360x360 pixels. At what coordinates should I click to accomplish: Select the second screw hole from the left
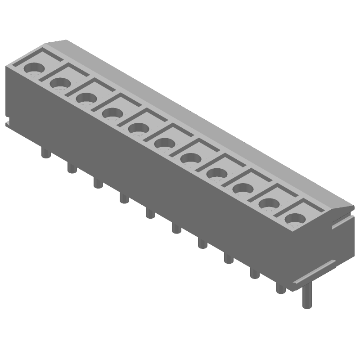[x=60, y=83]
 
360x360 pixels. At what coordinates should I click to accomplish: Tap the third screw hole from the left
[x=85, y=98]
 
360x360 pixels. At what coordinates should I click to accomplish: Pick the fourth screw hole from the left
[x=112, y=112]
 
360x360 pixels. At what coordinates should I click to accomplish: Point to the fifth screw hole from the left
[x=138, y=128]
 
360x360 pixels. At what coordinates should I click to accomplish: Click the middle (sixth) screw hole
[x=164, y=143]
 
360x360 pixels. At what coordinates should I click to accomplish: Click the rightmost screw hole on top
[x=295, y=218]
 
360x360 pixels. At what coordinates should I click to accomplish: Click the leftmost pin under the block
[x=45, y=153]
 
